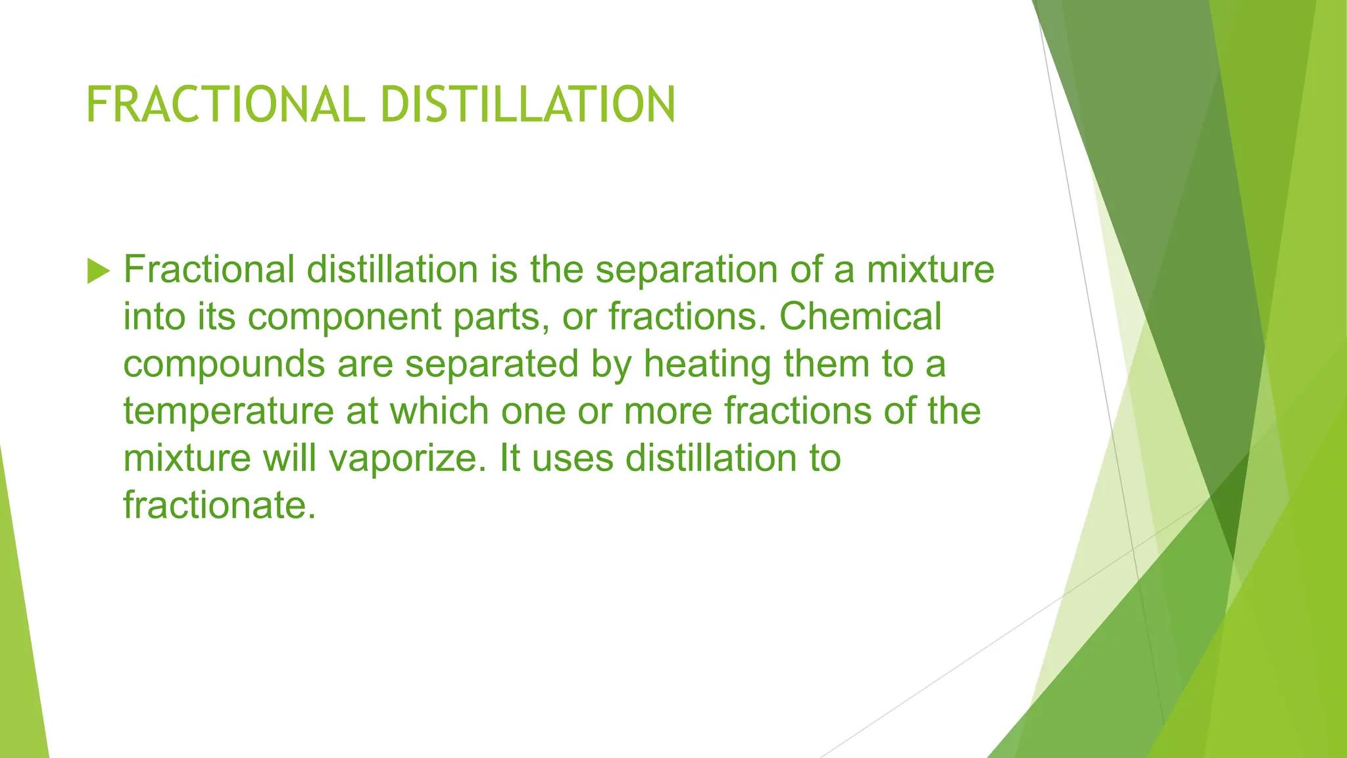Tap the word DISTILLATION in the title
coord(527,105)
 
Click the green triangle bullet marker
coord(98,271)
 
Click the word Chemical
coord(860,316)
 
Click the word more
coord(668,411)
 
